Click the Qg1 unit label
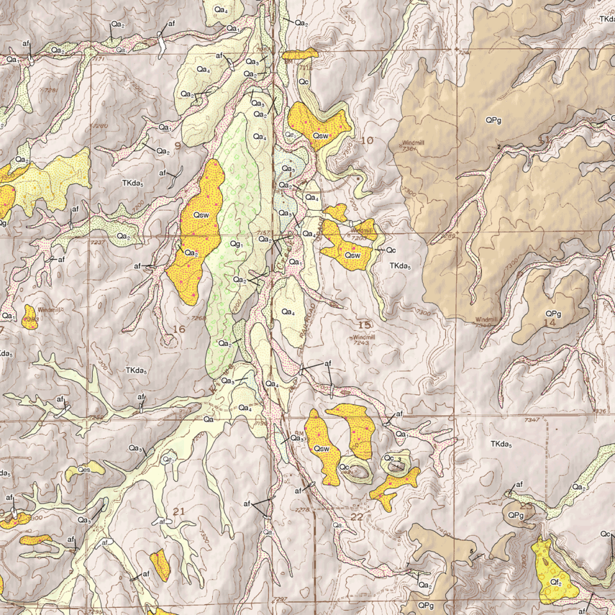pos(236,244)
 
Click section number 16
pos(179,329)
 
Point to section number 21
pos(179,511)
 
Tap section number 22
pos(357,516)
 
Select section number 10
pos(367,140)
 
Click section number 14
pos(549,324)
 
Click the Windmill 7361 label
pos(413,145)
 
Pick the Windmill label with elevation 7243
pos(363,340)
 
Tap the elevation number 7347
pos(531,420)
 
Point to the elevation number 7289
pos(448,236)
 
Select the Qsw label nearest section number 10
pos(320,135)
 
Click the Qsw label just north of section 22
pos(322,449)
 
